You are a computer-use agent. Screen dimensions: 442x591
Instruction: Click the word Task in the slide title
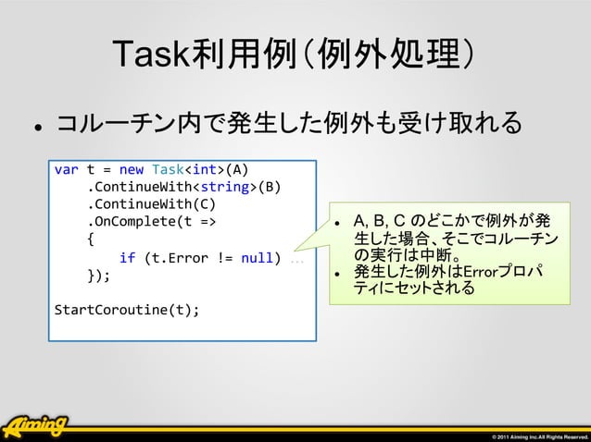(x=152, y=56)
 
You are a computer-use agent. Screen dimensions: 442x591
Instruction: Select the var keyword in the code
(x=67, y=169)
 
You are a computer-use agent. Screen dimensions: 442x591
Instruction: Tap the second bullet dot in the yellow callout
(x=339, y=273)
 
